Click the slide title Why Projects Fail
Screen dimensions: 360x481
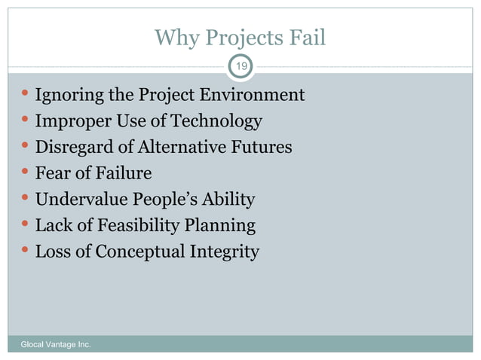[x=240, y=37]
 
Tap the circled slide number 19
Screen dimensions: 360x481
[x=240, y=68]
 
